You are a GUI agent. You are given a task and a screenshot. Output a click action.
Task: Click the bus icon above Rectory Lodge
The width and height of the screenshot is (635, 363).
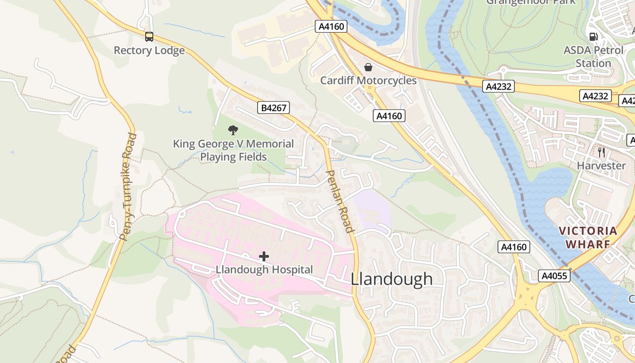tap(149, 37)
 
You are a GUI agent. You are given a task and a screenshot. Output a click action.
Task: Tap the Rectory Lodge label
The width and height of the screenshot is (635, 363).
tap(149, 50)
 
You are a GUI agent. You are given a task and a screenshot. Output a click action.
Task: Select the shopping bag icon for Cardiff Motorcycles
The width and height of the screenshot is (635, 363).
tap(368, 67)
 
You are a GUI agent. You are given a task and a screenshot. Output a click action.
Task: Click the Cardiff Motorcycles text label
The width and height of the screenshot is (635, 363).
tap(368, 81)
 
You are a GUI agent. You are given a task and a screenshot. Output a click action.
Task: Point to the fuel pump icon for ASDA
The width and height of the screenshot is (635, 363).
tap(593, 37)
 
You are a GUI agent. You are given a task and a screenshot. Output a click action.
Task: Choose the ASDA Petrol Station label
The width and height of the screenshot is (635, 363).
tap(593, 57)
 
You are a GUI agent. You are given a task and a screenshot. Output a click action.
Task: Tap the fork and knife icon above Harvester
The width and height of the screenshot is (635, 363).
tap(601, 152)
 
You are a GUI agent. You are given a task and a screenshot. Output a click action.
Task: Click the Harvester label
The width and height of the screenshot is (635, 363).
tap(601, 166)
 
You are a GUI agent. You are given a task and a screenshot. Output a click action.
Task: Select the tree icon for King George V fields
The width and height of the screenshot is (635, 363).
tap(233, 131)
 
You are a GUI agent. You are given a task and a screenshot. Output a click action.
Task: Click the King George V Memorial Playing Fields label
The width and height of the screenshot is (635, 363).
tap(233, 151)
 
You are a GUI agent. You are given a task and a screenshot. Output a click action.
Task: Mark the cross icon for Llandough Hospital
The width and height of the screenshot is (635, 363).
tap(264, 257)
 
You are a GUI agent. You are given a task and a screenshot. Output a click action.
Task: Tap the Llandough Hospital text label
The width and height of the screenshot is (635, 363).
tap(264, 270)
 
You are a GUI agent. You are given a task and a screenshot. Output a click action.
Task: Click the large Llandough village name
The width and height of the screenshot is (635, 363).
tap(392, 279)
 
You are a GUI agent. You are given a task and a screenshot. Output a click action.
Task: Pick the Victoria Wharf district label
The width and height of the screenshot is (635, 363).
tap(588, 237)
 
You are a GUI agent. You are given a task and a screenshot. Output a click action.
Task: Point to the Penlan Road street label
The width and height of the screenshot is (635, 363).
tap(340, 201)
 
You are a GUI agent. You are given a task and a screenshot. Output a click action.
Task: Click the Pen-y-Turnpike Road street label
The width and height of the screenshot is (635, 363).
tap(127, 186)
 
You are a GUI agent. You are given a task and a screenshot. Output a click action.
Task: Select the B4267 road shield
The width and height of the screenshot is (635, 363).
tap(274, 108)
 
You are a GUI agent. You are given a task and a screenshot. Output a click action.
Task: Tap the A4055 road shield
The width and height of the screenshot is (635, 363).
tap(554, 276)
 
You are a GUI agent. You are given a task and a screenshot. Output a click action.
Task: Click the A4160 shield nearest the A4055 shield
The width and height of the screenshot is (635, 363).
tap(514, 247)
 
